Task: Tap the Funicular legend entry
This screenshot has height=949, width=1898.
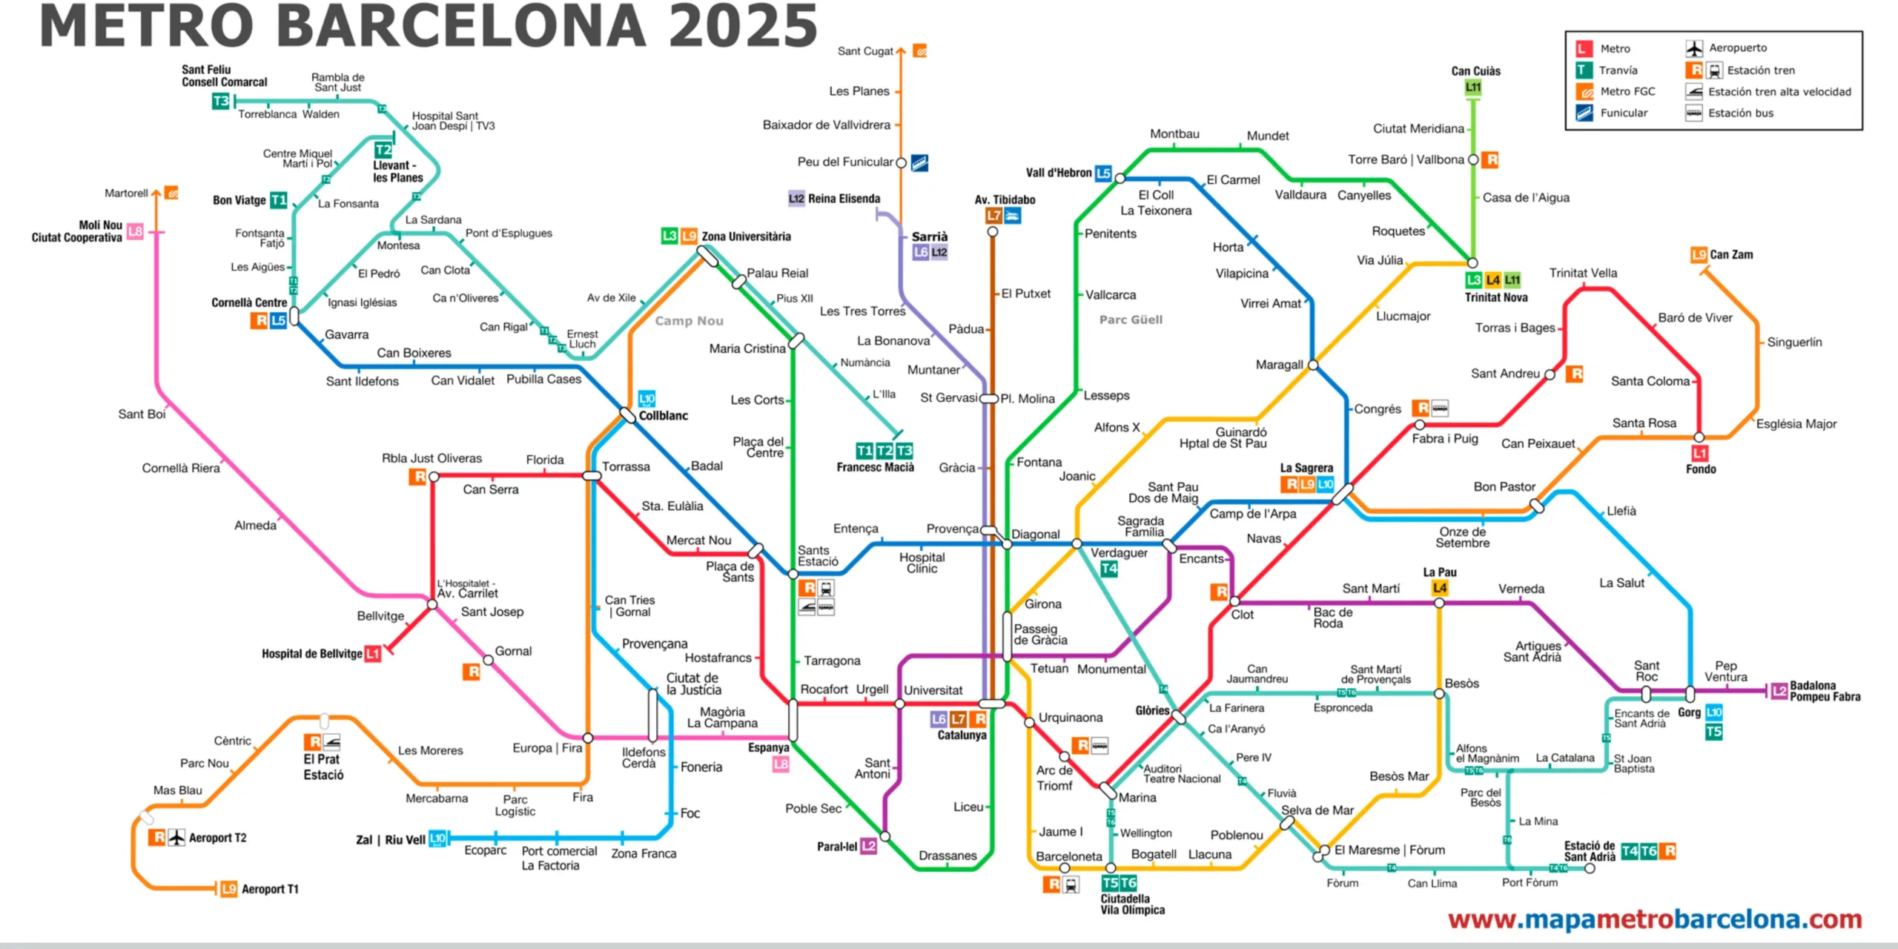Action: coord(1623,113)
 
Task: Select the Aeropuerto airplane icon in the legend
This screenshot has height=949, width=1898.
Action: coord(1694,49)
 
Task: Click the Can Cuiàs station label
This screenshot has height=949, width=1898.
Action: coord(1475,71)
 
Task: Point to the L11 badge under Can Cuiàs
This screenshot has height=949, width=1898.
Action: coord(1473,87)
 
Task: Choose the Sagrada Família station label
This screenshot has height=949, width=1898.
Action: coord(1140,526)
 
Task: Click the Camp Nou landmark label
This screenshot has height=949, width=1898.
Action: coord(689,321)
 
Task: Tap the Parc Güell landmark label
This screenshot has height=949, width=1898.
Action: coord(1131,320)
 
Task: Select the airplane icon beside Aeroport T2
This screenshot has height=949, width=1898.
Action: coord(176,838)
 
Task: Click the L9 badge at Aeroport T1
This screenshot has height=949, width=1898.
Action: coord(229,889)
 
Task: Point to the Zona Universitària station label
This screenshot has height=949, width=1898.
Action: coord(746,237)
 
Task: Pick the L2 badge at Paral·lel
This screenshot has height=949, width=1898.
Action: coord(868,846)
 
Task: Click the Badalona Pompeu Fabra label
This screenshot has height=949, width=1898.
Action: coord(1825,691)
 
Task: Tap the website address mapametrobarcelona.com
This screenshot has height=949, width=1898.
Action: coord(1655,919)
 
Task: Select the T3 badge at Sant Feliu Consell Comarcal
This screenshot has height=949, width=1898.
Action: coord(221,102)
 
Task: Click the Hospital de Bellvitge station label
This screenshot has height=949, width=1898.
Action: coord(311,654)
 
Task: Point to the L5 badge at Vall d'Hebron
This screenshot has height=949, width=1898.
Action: coord(1103,173)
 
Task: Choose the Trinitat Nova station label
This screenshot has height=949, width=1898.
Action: coord(1495,297)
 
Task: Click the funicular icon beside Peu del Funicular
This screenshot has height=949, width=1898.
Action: coord(919,162)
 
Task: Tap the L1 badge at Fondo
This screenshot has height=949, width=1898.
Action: coord(1699,453)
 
